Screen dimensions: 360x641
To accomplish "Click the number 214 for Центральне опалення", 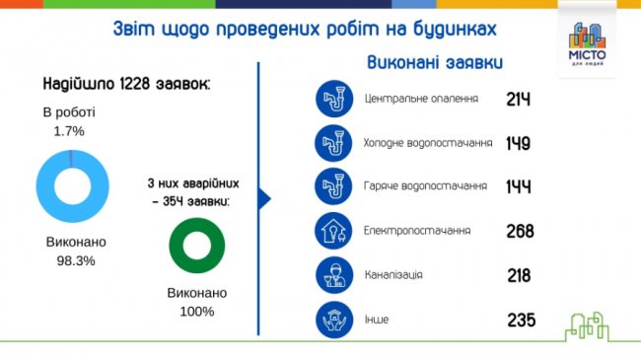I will click(519, 100).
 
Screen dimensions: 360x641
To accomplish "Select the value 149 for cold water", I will click(518, 143).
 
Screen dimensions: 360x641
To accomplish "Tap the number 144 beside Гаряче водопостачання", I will click(518, 186).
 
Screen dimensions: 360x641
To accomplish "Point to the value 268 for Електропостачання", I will click(519, 231).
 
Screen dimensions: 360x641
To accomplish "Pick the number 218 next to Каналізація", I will click(520, 274).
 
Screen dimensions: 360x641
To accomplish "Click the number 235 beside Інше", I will click(520, 320).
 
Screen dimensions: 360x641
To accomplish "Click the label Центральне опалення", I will click(421, 100).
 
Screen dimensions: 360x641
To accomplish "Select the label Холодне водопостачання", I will click(428, 143).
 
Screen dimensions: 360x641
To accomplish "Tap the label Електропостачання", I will click(417, 231).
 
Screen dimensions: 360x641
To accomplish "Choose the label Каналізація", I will click(393, 274).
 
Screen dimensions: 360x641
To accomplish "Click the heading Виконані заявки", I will click(435, 61).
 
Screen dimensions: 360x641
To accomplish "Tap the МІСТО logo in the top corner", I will click(590, 39).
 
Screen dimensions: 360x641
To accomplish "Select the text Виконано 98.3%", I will click(76, 251).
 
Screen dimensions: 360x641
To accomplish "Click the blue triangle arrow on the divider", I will click(263, 198).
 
